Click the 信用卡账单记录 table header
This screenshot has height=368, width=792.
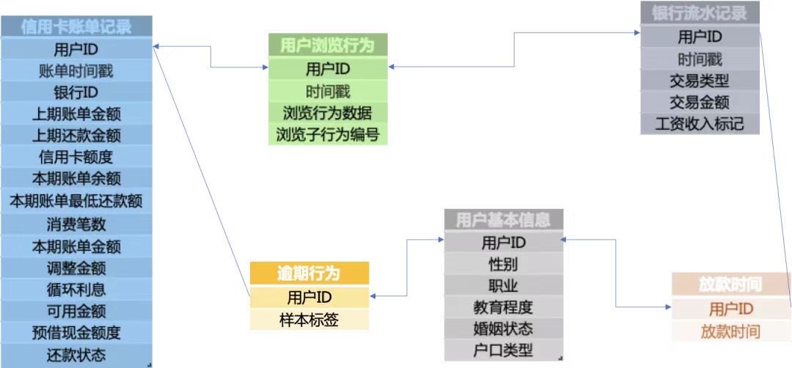click(76, 27)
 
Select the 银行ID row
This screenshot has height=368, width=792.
click(76, 92)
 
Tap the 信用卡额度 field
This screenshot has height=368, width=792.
click(76, 157)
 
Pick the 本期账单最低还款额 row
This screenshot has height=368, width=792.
click(76, 200)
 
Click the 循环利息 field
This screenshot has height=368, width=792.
click(76, 289)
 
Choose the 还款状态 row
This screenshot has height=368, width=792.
click(76, 356)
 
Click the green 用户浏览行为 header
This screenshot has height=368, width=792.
click(327, 45)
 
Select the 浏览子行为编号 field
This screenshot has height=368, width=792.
click(327, 134)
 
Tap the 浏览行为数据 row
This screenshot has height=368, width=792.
click(327, 113)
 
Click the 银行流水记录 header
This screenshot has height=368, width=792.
click(700, 13)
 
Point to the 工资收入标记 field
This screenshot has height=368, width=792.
click(700, 123)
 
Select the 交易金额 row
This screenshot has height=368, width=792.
click(700, 102)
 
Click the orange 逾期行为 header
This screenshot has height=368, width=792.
click(308, 273)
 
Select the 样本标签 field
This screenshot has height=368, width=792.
click(308, 319)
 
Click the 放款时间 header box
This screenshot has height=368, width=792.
click(730, 284)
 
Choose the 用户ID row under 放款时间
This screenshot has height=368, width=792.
click(730, 309)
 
